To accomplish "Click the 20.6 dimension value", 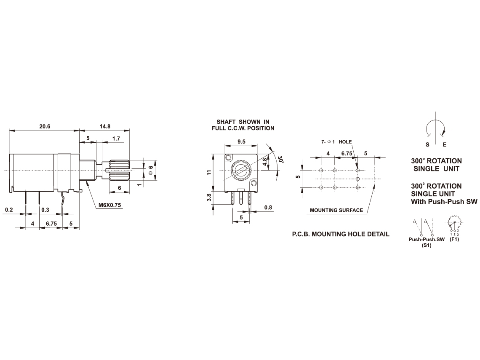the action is point(45,126).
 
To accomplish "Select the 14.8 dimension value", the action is point(105,126).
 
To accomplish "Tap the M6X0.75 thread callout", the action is point(109,205).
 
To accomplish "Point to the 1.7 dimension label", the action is point(116,139).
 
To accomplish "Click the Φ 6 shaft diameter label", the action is point(151,170).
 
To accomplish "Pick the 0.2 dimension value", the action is point(9,210).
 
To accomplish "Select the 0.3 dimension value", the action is point(45,210).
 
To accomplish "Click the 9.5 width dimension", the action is point(241,141).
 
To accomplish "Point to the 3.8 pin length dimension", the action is point(209,197).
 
